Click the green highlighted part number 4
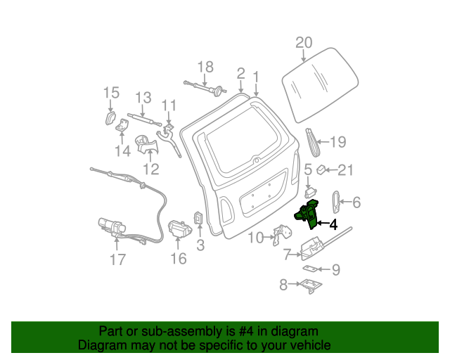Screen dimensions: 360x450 [308, 215]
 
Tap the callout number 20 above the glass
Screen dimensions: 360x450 [303, 43]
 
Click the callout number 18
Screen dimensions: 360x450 [205, 67]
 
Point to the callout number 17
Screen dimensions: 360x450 [117, 259]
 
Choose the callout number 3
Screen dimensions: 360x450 [200, 245]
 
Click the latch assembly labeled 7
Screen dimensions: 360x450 [313, 246]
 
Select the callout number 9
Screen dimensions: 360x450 [335, 269]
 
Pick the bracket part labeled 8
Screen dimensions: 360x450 [310, 285]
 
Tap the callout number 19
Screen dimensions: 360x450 [338, 143]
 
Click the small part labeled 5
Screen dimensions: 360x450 [309, 189]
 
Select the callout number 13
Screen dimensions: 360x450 [143, 98]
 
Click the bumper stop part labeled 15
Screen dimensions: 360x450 [111, 116]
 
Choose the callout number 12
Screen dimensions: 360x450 [151, 169]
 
